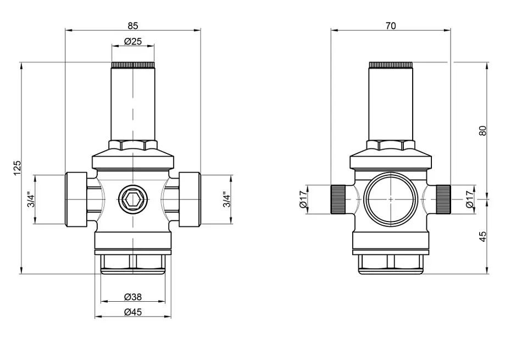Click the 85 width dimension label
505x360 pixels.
(132, 25)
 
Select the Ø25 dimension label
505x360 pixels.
(133, 41)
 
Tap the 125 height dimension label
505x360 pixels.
(17, 168)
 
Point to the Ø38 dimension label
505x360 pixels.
(133, 297)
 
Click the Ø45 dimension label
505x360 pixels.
(133, 312)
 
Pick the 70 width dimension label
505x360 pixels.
(391, 25)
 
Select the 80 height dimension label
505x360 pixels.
(482, 130)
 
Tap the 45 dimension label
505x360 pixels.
(482, 237)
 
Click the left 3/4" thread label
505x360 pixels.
(30, 200)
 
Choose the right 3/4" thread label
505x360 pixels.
(227, 200)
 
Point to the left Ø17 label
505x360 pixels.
(304, 200)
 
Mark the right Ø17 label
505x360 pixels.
(470, 200)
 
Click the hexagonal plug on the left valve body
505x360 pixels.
(133, 200)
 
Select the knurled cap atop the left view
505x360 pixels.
(133, 65)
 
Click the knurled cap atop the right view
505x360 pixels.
(391, 65)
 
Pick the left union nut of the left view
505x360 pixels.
(76, 200)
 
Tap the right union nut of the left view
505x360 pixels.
(190, 200)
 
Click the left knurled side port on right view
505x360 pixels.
(338, 200)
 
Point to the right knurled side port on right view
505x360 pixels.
(443, 200)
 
